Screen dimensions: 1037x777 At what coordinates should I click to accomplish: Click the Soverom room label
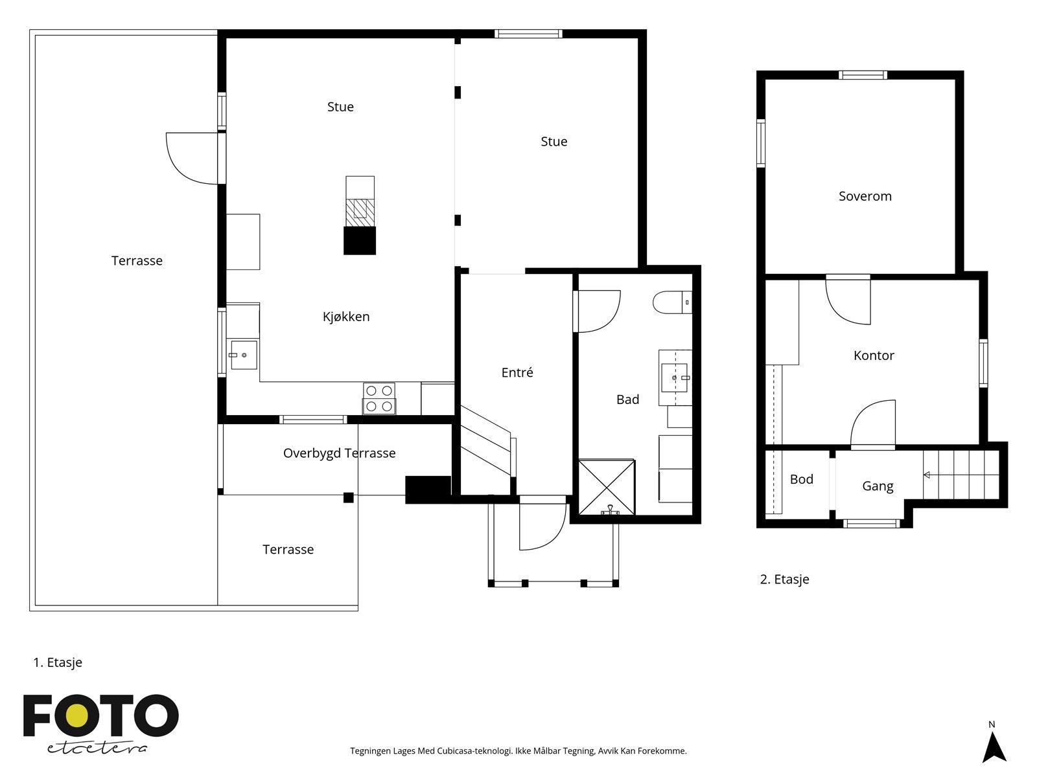865,196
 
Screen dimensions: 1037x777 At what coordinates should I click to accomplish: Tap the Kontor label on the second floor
874,355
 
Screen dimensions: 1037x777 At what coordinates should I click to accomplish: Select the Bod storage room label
801,479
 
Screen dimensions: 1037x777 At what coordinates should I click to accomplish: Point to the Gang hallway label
878,486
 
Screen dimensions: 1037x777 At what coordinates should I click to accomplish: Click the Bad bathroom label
627,400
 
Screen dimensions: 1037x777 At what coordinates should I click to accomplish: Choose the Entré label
517,372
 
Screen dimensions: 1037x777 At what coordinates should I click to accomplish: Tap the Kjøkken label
346,317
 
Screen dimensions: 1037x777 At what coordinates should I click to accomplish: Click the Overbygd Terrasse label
339,453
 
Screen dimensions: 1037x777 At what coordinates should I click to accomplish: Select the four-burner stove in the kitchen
379,399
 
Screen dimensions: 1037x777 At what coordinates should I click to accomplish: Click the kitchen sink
244,355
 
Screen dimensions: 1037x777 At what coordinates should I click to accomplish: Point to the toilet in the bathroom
672,302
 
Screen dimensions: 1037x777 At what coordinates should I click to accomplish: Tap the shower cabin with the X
607,488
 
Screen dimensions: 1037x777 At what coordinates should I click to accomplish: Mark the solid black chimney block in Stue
360,241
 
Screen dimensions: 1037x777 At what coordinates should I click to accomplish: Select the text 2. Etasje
784,580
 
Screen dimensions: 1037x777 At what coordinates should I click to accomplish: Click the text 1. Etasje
58,662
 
